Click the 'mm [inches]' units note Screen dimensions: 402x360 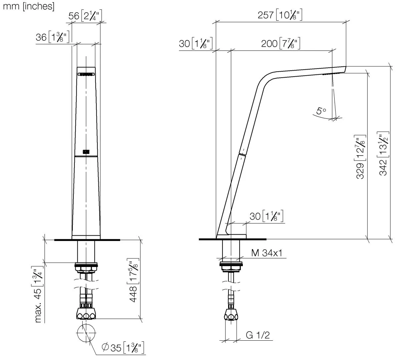point(29,7)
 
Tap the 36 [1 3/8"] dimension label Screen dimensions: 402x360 point(53,37)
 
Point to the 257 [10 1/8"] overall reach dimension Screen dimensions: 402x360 point(280,15)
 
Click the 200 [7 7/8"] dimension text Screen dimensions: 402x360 point(280,44)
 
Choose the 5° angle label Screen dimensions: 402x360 point(321,111)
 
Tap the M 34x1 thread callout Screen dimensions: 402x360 point(267,253)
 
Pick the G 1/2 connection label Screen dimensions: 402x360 point(258,335)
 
